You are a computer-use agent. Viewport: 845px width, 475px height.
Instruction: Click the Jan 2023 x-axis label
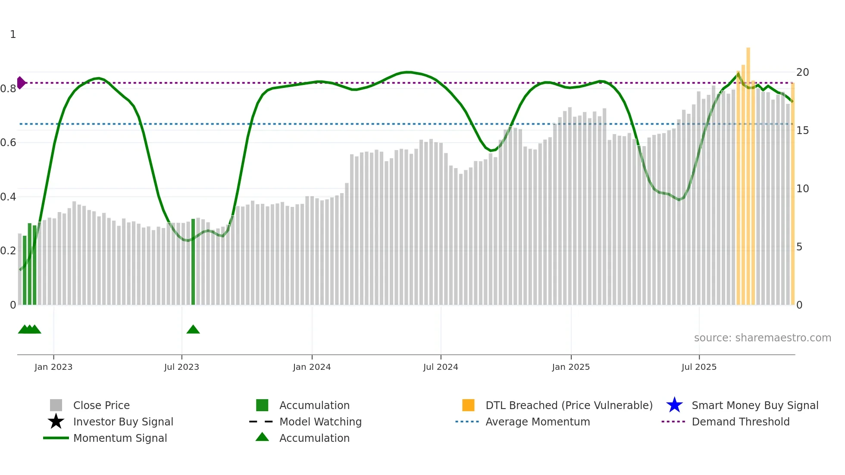tap(53, 367)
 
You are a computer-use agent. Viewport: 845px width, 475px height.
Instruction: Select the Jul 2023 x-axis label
tap(182, 367)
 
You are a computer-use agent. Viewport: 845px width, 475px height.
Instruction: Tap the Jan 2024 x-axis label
tap(312, 367)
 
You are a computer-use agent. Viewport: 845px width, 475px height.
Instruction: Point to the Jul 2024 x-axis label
tap(441, 367)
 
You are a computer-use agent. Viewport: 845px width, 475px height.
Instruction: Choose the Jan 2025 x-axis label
tap(571, 367)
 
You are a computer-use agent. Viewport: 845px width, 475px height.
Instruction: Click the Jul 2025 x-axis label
tap(699, 367)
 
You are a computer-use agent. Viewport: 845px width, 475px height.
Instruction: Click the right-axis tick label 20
tap(802, 72)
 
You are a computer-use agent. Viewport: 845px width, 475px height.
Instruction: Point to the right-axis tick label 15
tap(802, 131)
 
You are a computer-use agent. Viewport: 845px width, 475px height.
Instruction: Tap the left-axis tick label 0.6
tap(8, 143)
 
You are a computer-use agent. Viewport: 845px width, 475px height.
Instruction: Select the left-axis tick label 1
tap(13, 34)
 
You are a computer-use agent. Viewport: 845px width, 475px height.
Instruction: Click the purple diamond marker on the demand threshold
tap(21, 83)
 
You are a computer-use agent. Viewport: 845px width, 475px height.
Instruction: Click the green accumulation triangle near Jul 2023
tap(193, 330)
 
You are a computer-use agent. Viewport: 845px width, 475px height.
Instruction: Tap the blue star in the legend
tap(674, 405)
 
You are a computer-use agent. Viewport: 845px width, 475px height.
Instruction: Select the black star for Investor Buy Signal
tap(56, 422)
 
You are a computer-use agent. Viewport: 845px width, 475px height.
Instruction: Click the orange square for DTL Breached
tap(468, 405)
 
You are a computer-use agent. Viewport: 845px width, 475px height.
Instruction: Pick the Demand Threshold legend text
tap(740, 422)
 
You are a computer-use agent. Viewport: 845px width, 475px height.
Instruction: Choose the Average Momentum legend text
tap(538, 422)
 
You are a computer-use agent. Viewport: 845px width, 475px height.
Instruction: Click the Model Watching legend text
tap(320, 422)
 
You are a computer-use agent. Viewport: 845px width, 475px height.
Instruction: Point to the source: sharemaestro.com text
tap(762, 338)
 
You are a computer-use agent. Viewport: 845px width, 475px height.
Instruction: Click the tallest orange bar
tap(748, 172)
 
